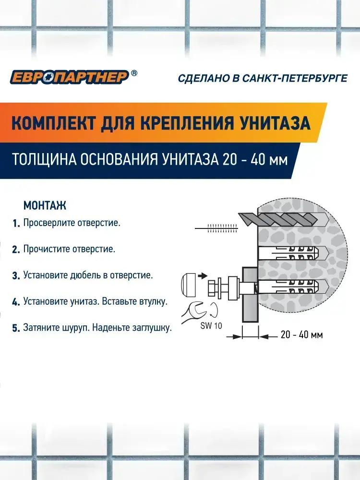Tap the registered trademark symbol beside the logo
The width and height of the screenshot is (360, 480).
tap(134, 73)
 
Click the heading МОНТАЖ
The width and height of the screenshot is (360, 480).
tap(45, 205)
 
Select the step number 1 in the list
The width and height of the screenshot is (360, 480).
tap(16, 224)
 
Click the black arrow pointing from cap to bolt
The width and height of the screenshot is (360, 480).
tap(203, 276)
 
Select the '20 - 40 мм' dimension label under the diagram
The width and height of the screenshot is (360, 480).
tap(301, 335)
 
